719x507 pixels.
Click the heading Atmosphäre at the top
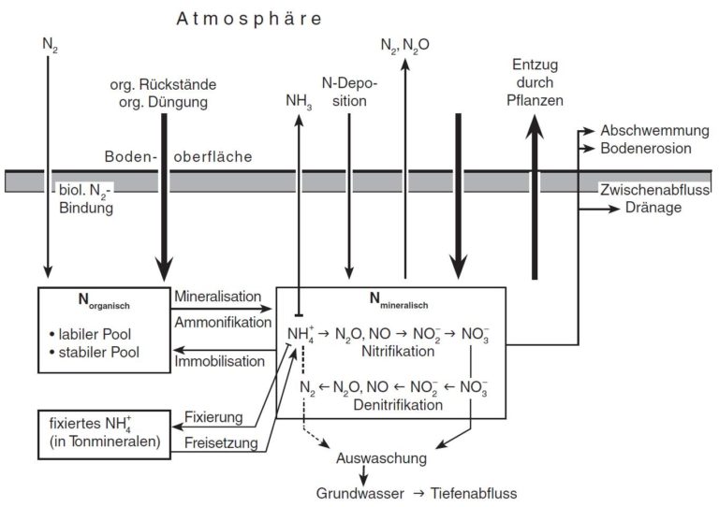(249, 19)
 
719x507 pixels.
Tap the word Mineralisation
(218, 297)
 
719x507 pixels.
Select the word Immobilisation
(220, 361)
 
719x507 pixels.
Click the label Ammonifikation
(223, 323)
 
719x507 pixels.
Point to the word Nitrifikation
(398, 352)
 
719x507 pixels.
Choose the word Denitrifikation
(398, 405)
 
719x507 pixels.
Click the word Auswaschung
(382, 458)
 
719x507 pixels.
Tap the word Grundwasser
(359, 493)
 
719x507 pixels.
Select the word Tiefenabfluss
(474, 493)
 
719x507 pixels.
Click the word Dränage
(653, 208)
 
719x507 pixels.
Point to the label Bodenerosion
(646, 149)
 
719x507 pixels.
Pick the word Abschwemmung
(654, 131)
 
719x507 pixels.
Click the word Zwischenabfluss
(655, 190)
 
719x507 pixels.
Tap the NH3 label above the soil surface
(299, 101)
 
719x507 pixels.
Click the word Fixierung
(213, 417)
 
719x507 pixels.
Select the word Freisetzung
(221, 442)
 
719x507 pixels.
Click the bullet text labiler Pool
(90, 334)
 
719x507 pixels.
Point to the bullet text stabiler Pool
(94, 353)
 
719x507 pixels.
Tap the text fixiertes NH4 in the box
(90, 424)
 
